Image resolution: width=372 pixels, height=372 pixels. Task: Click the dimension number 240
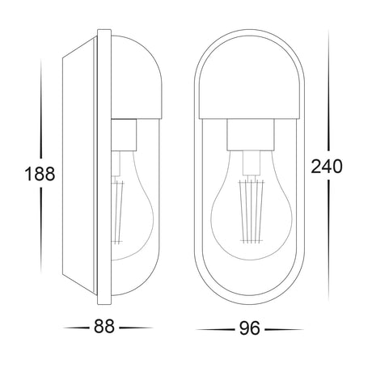(326, 166)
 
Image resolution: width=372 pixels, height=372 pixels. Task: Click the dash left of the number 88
(77, 328)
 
